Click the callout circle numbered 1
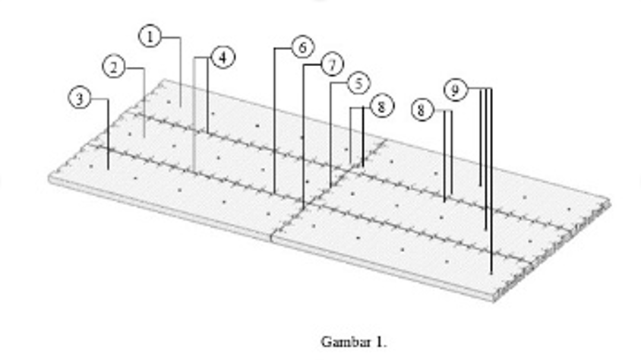[150, 36]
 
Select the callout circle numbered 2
[114, 67]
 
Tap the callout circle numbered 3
[80, 98]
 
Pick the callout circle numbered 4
[223, 58]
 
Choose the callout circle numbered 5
[359, 84]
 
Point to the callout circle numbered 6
[302, 47]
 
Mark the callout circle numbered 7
[332, 65]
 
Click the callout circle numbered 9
[456, 90]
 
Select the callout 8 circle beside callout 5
[382, 106]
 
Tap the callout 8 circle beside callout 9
[422, 110]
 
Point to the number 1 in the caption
[380, 342]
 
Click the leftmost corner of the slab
[49, 178]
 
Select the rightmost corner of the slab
[611, 202]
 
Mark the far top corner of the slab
[165, 79]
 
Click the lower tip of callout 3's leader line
[109, 169]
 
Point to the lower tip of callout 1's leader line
[181, 106]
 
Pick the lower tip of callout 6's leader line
[274, 193]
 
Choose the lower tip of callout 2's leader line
[144, 137]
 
